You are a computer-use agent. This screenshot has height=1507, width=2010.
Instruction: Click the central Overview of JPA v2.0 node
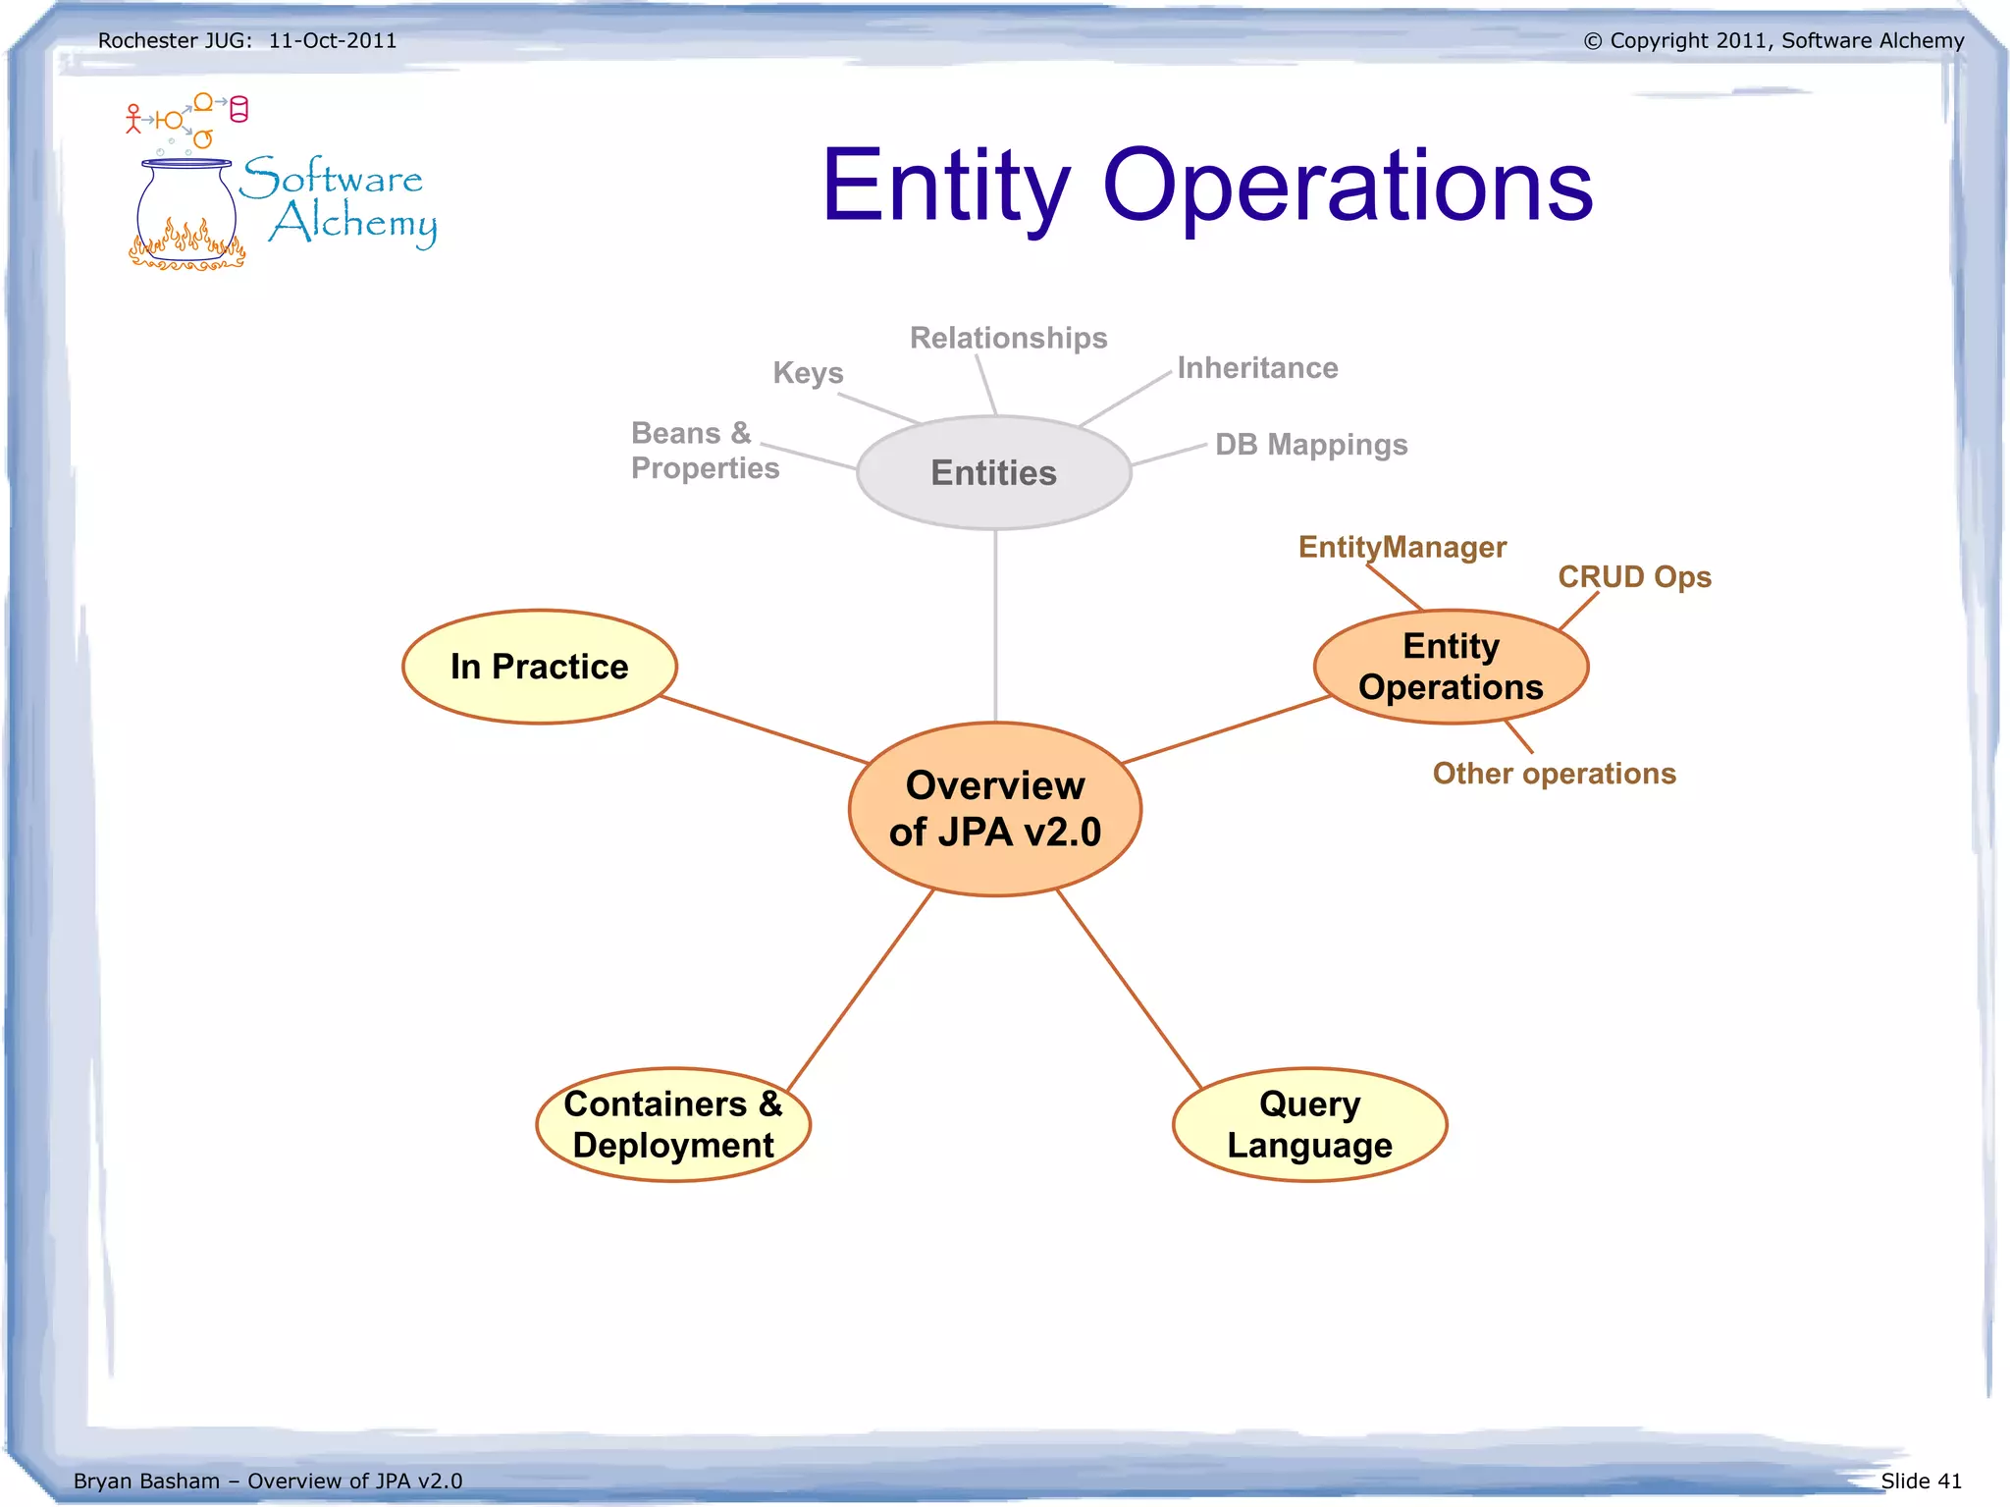994,809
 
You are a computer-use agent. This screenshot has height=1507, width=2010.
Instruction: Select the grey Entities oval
993,472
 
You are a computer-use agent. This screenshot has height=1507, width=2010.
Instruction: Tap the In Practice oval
539,667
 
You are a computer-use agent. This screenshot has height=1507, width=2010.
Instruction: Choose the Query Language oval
1309,1124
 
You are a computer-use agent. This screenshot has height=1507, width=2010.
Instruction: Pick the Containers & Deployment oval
673,1124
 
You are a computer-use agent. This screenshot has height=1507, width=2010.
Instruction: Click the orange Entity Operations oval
1451,667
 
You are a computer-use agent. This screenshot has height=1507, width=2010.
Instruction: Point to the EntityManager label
1402,547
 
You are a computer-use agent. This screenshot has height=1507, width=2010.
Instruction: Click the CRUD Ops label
1634,576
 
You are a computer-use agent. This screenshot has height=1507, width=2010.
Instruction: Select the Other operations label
1554,774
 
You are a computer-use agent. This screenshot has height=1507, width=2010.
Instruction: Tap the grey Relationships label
1008,338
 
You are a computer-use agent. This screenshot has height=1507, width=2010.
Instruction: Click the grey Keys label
808,373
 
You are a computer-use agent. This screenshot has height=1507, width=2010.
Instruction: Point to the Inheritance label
1257,368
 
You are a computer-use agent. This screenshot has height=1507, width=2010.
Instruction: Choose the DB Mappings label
1311,445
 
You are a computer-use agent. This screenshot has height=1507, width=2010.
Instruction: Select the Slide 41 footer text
1921,1480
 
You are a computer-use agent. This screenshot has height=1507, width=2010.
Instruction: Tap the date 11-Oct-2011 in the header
333,41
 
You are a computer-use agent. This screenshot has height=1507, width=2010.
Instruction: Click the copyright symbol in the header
1592,41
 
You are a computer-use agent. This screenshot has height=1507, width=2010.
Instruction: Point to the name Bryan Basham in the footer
146,1480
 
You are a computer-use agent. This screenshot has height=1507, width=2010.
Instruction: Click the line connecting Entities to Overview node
995,628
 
